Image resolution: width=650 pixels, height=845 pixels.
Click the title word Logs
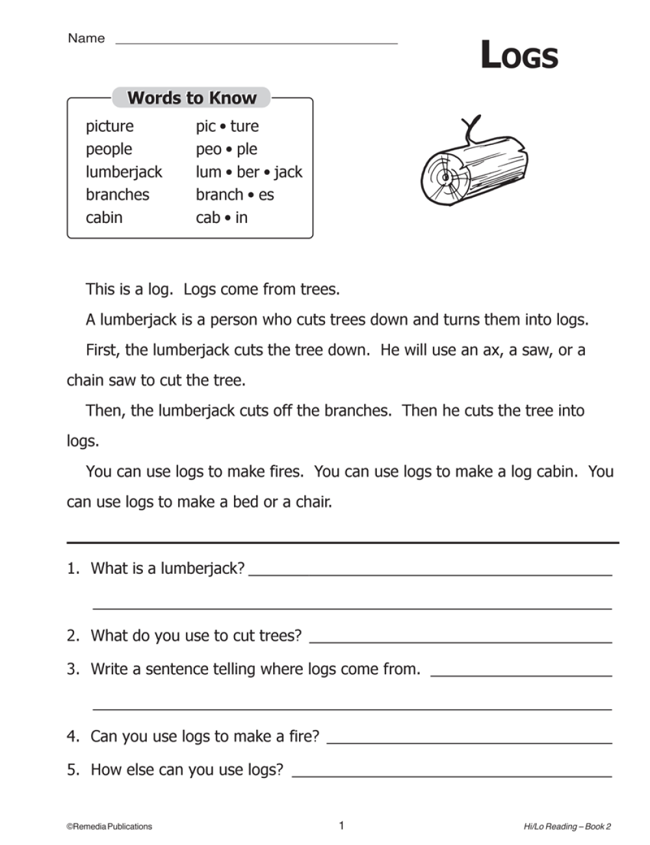click(x=519, y=55)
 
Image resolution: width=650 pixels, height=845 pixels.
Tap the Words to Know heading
click(x=192, y=98)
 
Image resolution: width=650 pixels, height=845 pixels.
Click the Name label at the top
click(x=86, y=38)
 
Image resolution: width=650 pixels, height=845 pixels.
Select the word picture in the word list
click(x=109, y=126)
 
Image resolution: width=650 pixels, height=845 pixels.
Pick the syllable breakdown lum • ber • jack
click(x=249, y=172)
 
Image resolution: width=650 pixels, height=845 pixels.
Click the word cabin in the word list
click(x=104, y=218)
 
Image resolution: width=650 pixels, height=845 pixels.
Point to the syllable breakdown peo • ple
click(x=226, y=149)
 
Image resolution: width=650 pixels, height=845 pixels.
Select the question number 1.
click(x=73, y=569)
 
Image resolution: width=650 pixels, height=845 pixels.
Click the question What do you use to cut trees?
click(x=196, y=636)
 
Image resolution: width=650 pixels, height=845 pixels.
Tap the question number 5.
click(x=73, y=770)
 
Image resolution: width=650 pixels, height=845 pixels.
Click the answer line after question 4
click(x=469, y=742)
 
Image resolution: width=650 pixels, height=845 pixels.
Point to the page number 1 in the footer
click(x=341, y=825)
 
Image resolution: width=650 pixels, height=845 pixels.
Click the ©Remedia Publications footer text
click(x=109, y=827)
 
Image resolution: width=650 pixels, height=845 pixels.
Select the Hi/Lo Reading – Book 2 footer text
click(x=567, y=827)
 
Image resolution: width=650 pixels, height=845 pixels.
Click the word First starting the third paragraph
click(x=103, y=350)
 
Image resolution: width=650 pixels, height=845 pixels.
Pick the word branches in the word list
click(x=117, y=195)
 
